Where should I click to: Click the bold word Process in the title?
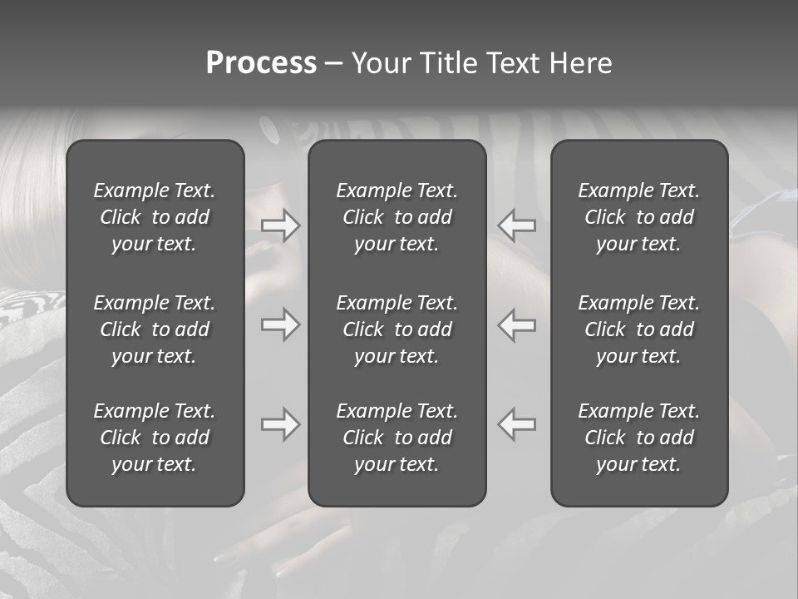[x=261, y=63]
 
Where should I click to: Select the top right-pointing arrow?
[x=280, y=226]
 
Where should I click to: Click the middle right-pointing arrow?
[x=280, y=324]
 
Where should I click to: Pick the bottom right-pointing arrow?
[x=280, y=424]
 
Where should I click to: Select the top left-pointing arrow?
[x=516, y=226]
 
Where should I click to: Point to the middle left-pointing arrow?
[x=516, y=324]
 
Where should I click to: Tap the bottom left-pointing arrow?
[x=516, y=424]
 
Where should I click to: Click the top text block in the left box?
[x=155, y=217]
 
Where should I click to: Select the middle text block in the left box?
[x=155, y=329]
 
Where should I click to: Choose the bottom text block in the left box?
[x=155, y=438]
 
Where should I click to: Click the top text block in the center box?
[x=397, y=217]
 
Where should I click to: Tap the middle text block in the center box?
[x=397, y=329]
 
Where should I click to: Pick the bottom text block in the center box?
[x=397, y=438]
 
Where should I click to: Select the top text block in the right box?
[x=639, y=217]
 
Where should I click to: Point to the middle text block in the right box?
[x=639, y=329]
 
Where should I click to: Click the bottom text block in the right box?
[x=639, y=438]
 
